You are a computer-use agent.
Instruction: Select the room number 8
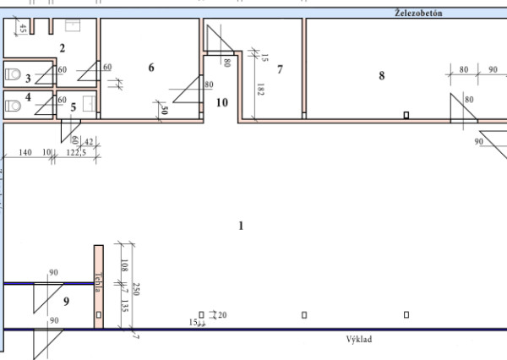coord(381,75)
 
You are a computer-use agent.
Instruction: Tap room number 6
coord(151,68)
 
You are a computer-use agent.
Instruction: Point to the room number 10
coord(222,103)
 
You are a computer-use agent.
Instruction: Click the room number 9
coord(66,300)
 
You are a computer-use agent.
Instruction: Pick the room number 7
coord(279,68)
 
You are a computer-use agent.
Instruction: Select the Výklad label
coord(359,339)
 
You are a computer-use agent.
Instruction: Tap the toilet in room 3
coord(11,76)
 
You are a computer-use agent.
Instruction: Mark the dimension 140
coord(24,152)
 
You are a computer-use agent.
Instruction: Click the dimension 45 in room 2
coord(22,30)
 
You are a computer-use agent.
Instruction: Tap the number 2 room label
coord(61,47)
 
